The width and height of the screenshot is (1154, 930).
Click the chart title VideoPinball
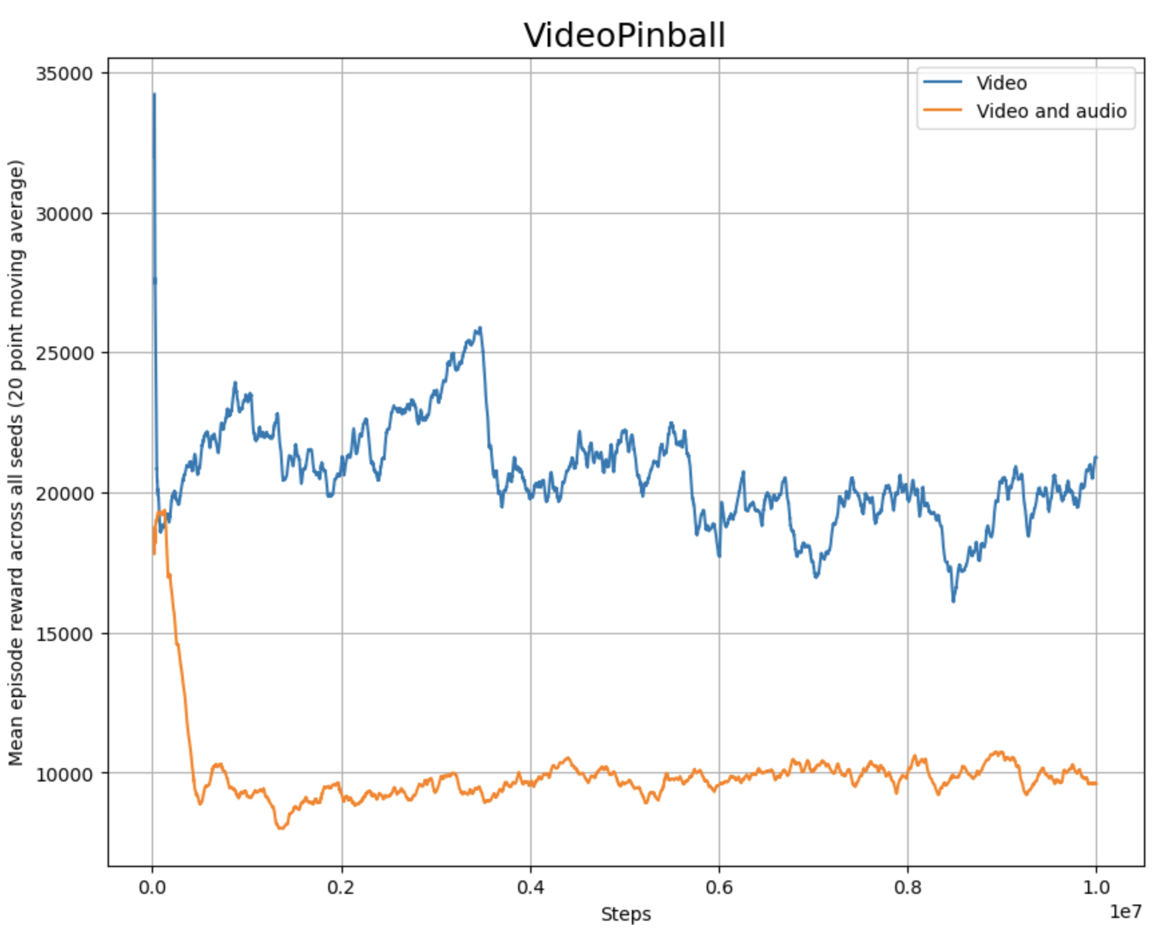624,35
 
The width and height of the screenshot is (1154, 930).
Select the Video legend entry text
1001,83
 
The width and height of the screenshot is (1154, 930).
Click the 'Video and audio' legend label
1051,111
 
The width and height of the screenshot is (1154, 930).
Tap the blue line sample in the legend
943,82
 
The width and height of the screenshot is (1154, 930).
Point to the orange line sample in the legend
943,110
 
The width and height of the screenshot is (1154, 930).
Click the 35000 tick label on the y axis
64,74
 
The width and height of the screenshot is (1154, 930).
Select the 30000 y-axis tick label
64,214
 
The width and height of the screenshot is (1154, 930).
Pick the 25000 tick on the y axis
64,353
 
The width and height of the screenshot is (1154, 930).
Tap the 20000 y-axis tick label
64,494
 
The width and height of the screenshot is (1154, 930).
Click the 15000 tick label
64,634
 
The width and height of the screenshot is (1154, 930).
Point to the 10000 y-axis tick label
64,774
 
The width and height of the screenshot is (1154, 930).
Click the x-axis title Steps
626,914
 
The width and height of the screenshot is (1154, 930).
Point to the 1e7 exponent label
1125,911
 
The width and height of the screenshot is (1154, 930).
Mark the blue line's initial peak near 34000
154,95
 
